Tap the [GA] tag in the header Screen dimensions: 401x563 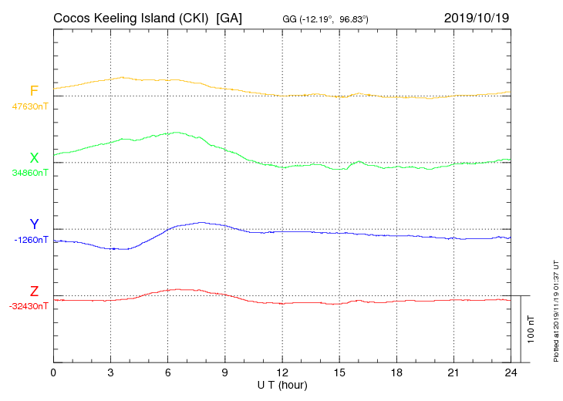(230, 18)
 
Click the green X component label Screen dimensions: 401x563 (34, 158)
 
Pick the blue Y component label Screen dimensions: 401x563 (34, 224)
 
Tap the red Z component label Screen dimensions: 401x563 (34, 291)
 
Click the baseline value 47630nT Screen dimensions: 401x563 (30, 106)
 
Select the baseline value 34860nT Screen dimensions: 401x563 (30, 173)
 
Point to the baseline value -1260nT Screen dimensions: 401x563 (32, 240)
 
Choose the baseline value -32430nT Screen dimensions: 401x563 (30, 306)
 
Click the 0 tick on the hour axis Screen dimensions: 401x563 (53, 372)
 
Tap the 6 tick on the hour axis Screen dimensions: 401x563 (167, 372)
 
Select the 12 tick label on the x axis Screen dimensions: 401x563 (281, 372)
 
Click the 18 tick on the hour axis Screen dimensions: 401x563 (396, 372)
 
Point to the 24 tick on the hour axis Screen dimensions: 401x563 (510, 372)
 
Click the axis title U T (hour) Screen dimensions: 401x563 (282, 384)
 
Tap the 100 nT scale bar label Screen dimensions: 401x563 (531, 329)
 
